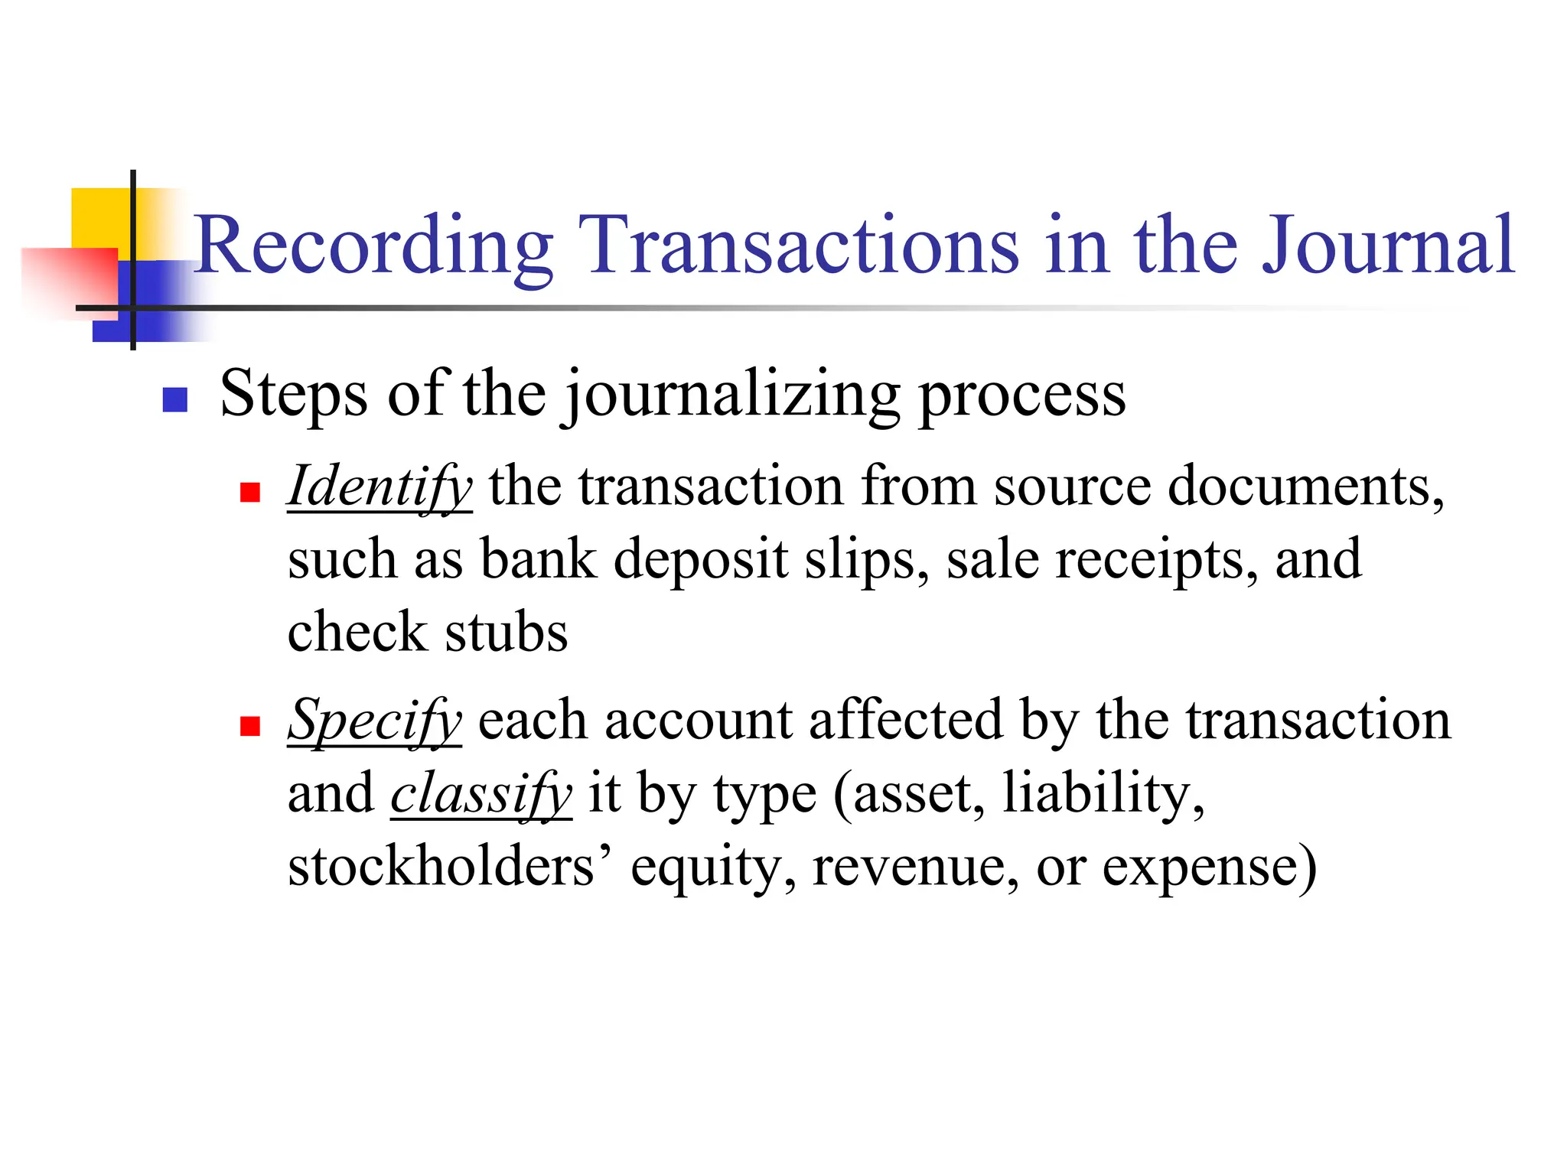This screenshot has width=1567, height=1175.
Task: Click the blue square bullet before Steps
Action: click(x=175, y=399)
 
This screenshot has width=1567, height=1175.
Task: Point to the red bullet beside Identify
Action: click(x=250, y=491)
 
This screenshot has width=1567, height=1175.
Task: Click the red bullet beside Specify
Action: click(x=250, y=724)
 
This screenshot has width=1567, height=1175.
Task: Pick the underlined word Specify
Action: click(x=374, y=721)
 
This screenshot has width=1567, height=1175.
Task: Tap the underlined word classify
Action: click(x=481, y=794)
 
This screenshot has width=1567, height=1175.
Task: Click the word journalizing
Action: click(x=732, y=395)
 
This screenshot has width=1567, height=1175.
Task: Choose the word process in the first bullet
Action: click(x=1021, y=395)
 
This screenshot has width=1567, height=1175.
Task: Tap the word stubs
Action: click(x=507, y=633)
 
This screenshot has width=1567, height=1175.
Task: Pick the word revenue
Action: click(x=915, y=867)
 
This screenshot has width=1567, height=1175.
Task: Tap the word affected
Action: click(x=905, y=721)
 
